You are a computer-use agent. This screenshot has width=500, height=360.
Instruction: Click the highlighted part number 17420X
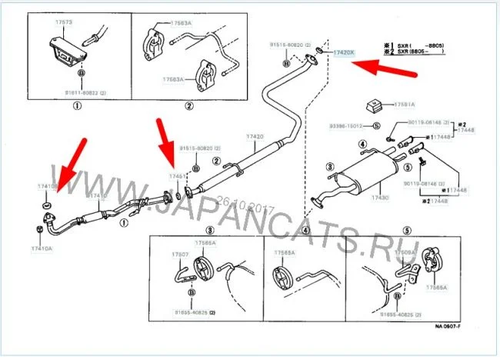343,52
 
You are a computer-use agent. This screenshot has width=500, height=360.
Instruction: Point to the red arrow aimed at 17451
165,145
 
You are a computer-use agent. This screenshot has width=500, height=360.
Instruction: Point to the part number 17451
178,176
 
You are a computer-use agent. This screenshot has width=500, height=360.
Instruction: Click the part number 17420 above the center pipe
255,136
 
